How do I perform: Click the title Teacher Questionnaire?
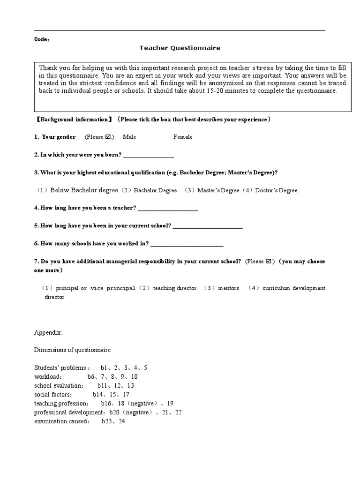(x=173, y=48)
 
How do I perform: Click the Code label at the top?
(x=41, y=39)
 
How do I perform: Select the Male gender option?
(x=129, y=137)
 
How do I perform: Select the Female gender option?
(x=183, y=137)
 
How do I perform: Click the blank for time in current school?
(x=208, y=226)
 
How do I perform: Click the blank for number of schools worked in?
(x=187, y=244)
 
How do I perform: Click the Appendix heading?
(x=48, y=332)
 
